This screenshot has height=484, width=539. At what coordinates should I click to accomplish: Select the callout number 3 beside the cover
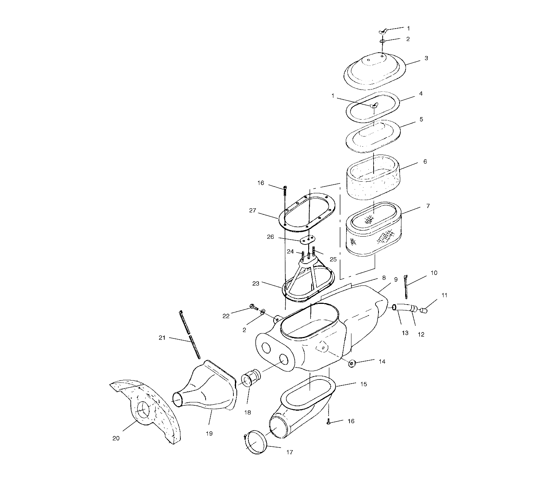click(x=426, y=58)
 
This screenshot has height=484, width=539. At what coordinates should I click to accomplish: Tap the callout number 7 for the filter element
click(x=428, y=206)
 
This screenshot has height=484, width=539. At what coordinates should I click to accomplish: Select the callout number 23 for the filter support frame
click(x=266, y=284)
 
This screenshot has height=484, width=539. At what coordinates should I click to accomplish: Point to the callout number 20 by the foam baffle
click(x=116, y=438)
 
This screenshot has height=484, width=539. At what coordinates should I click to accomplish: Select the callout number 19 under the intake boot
click(x=209, y=433)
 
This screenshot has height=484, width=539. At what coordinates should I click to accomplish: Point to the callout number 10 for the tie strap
click(x=434, y=273)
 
